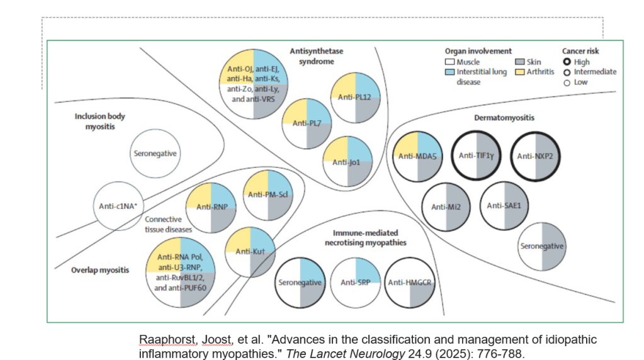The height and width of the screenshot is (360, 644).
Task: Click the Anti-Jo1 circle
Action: (347, 162)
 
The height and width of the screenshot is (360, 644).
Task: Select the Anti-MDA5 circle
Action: (418, 156)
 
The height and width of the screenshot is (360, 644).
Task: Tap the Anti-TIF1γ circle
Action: (477, 155)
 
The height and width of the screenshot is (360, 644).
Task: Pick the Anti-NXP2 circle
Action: (535, 156)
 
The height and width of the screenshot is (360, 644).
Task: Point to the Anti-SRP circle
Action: (355, 283)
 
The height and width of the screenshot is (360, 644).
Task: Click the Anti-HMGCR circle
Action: (410, 283)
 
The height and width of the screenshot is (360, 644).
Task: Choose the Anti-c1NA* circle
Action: (118, 206)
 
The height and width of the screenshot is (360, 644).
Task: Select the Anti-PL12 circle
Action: (355, 98)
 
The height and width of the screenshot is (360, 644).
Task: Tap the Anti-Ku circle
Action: (250, 252)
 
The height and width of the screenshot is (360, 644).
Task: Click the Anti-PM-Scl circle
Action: (268, 195)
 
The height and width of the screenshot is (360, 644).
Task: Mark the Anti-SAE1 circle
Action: (504, 206)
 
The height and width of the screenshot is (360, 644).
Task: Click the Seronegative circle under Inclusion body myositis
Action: (155, 154)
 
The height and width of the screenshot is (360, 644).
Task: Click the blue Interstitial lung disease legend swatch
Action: (449, 72)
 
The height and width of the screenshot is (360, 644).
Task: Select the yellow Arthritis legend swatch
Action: (520, 72)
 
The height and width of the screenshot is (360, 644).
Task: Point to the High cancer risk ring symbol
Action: (567, 62)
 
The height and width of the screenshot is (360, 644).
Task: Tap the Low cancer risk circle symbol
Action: (567, 83)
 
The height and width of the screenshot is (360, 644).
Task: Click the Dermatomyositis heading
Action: (504, 118)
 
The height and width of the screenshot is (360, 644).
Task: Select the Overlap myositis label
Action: (100, 270)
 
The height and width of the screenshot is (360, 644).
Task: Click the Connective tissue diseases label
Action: (168, 225)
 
